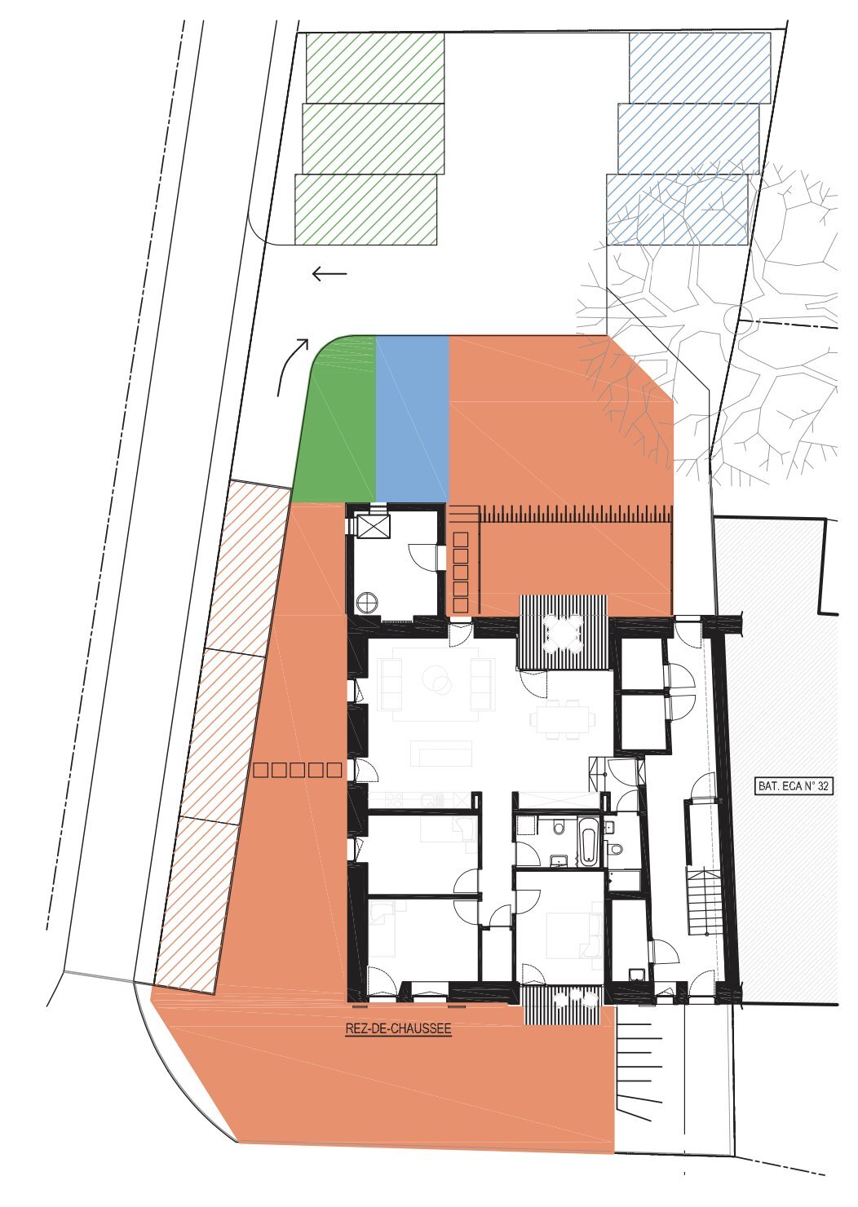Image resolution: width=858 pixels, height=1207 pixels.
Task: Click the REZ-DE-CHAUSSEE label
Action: point(398,1028)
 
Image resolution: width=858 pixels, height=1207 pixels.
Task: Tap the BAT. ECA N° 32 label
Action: point(793,786)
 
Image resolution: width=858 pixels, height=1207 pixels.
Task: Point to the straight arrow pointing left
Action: point(329,274)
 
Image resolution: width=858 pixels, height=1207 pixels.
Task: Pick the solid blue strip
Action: point(413,418)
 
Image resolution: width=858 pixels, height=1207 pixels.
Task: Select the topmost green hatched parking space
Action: point(375,68)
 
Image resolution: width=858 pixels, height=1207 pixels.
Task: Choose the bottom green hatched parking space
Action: point(365,209)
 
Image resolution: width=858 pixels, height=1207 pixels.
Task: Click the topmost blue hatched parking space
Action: point(700,68)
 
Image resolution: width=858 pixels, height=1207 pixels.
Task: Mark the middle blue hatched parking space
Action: point(688,139)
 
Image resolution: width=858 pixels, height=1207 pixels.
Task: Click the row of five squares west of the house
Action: point(298,770)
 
